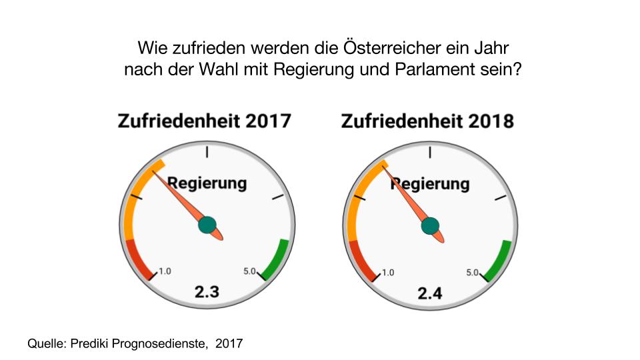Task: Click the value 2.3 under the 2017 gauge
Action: tap(207, 291)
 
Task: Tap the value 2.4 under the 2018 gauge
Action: tap(430, 293)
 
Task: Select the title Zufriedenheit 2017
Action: tap(205, 121)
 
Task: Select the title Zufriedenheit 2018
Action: tap(427, 122)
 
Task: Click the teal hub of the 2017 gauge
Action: tap(207, 225)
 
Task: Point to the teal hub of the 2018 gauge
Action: tap(431, 227)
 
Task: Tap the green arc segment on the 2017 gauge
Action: tap(276, 259)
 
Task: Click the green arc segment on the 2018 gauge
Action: tap(499, 261)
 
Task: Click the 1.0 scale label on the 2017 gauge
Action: tap(165, 271)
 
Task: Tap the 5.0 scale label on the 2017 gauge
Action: tap(250, 271)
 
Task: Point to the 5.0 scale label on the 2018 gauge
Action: tap(473, 273)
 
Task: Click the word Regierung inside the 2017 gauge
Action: tap(207, 183)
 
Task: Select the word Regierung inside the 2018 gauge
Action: tap(430, 183)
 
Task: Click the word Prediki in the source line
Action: tap(88, 344)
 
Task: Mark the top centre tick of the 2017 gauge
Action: tap(207, 151)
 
